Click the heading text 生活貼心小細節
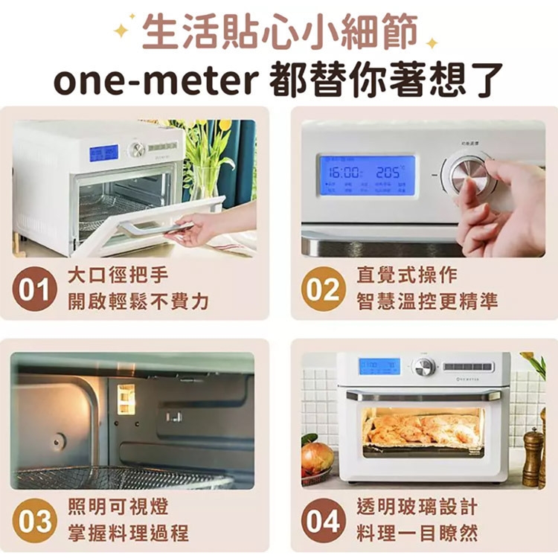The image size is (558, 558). click(279, 31)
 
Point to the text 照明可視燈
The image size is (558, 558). click(118, 507)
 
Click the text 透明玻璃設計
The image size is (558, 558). click(417, 507)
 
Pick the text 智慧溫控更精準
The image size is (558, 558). click(426, 301)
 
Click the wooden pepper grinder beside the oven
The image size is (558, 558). click(533, 455)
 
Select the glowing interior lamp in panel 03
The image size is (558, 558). click(126, 399)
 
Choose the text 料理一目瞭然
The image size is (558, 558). click(417, 533)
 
